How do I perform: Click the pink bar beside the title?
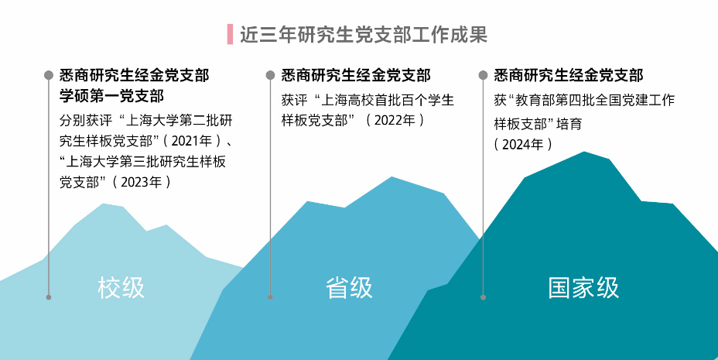(230, 35)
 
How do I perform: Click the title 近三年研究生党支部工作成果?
(363, 35)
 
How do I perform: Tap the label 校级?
(121, 288)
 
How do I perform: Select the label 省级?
(349, 288)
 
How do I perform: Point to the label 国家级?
(583, 288)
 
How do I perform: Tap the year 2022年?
(395, 121)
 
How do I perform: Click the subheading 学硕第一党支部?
(111, 96)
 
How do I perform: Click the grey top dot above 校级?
(48, 75)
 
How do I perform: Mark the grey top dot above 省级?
(270, 75)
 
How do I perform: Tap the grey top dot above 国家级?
(483, 75)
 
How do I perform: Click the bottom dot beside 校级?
(48, 297)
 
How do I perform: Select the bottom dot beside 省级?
(270, 297)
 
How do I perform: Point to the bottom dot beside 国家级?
(483, 297)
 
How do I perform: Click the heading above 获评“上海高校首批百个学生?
(356, 75)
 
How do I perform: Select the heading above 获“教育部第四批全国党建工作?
(569, 75)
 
